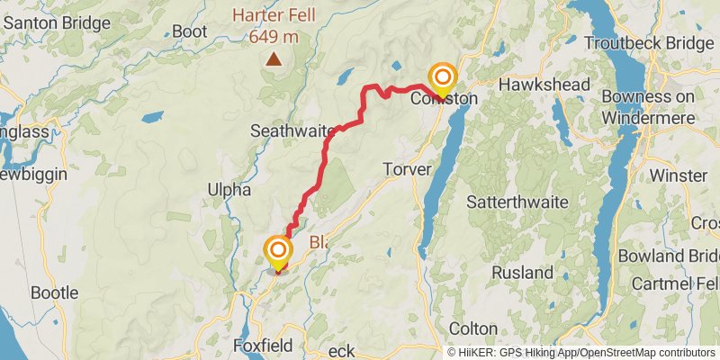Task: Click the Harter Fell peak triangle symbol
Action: coord(273,60)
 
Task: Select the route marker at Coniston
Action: coord(442,78)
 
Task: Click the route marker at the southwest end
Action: coord(278,250)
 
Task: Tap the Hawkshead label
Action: coord(544,85)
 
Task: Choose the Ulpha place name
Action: coord(227,189)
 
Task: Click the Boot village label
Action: coord(190,31)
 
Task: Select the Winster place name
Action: coord(672,174)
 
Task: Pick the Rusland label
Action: coord(523,272)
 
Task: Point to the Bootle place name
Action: coord(55,292)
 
